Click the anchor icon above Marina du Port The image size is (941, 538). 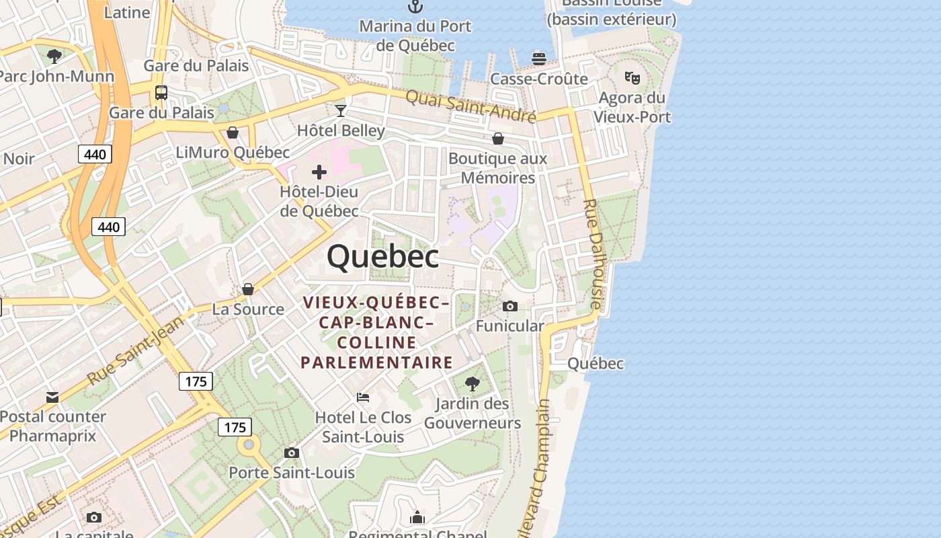[x=415, y=7]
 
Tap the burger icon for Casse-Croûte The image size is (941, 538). [x=538, y=59]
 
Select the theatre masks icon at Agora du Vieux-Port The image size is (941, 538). [x=632, y=78]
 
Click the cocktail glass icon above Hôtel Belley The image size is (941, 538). [x=341, y=110]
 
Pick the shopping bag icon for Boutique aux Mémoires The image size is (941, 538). [x=498, y=139]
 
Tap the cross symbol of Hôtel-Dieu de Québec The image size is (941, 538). [x=319, y=172]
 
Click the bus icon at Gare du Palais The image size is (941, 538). [x=161, y=93]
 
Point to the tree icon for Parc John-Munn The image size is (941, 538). [x=54, y=56]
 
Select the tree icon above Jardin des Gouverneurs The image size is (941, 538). [x=473, y=384]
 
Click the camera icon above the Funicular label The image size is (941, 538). [x=510, y=307]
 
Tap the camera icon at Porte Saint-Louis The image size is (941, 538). [x=292, y=453]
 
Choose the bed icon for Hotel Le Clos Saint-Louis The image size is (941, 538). [x=363, y=397]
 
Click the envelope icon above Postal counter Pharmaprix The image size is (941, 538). [x=52, y=397]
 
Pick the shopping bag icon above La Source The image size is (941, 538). [x=248, y=289]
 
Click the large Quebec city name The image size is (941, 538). [x=383, y=256]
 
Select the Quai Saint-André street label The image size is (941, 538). [x=470, y=106]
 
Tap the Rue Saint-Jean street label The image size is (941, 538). [x=135, y=351]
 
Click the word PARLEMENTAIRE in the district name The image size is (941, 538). [x=376, y=362]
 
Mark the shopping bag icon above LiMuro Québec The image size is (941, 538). [x=233, y=132]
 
